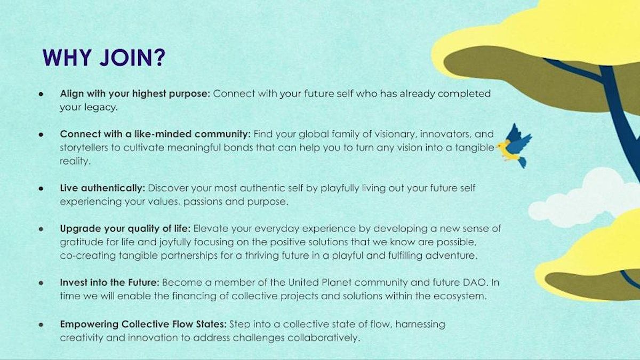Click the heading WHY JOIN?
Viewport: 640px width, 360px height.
point(104,58)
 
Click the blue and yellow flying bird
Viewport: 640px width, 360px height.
point(514,146)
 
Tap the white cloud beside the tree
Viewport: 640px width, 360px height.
point(583,198)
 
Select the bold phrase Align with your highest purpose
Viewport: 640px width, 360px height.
point(135,94)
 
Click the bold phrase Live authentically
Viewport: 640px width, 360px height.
point(102,188)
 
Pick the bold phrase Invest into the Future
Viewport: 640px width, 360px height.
point(109,282)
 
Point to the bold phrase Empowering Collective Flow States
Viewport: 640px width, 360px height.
point(143,324)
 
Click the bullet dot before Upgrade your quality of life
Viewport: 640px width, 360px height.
point(41,229)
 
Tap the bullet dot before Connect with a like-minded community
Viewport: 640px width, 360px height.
point(41,134)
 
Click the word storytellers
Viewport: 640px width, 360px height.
point(84,148)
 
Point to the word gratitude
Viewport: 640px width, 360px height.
point(82,242)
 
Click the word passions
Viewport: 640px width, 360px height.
point(203,202)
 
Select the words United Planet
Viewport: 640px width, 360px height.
point(319,282)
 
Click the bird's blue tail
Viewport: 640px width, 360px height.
point(522,162)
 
